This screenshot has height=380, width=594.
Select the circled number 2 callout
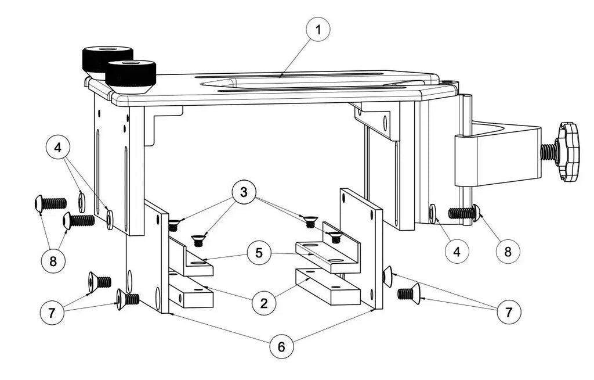coord(263,302)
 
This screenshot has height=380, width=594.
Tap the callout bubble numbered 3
coord(244,192)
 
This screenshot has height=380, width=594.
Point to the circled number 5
coord(258,253)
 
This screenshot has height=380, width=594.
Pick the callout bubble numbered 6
coord(281,347)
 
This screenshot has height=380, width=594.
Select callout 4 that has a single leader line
coord(457,252)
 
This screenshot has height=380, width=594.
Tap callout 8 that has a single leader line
coord(508,252)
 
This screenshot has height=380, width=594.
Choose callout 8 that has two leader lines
coord(53,261)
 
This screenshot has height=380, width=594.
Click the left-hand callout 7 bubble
coord(52,313)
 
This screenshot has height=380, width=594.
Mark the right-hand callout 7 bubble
coord(508,312)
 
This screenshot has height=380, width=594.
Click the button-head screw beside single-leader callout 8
coord(465,213)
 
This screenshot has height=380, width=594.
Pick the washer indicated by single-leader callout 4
coord(433,212)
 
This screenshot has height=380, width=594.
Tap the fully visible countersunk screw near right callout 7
coord(409,293)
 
